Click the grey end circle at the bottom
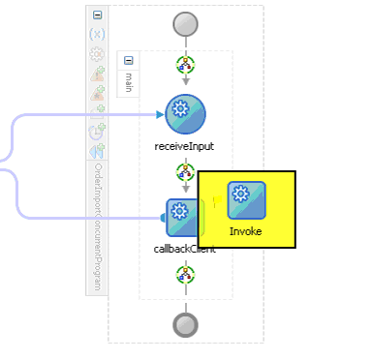185,324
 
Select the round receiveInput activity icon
185,114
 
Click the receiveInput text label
184,147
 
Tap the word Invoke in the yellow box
246,231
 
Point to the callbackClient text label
184,249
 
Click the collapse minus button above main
129,61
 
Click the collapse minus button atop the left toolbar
98,15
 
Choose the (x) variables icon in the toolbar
98,34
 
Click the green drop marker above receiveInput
185,65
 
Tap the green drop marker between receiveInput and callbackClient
185,172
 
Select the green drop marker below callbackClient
185,275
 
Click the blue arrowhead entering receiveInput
160,114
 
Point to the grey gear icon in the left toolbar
98,54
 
